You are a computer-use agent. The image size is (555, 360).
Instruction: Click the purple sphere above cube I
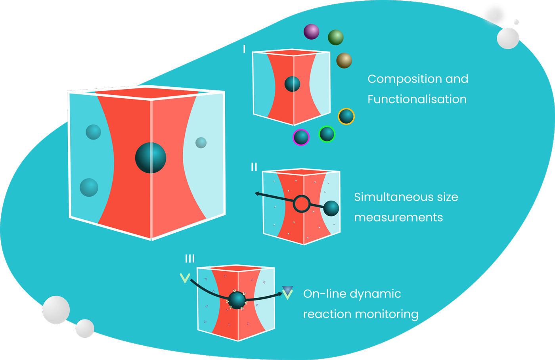[x=311, y=32]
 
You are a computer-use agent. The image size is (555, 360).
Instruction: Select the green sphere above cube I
[x=335, y=37]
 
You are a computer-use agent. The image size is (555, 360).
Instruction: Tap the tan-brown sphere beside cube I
[x=344, y=61]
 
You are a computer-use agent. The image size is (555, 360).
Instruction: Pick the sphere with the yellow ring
[x=346, y=117]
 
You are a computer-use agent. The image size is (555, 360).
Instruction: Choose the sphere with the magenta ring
[x=301, y=137]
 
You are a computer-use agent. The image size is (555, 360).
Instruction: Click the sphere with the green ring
[x=327, y=134]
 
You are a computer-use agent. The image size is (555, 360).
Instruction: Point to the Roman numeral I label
[x=244, y=49]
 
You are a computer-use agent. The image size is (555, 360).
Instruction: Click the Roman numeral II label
[x=254, y=167]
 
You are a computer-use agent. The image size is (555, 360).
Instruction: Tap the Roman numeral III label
[x=190, y=259]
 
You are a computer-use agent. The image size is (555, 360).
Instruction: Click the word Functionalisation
[x=417, y=99]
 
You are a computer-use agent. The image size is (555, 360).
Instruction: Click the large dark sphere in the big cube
[x=151, y=158]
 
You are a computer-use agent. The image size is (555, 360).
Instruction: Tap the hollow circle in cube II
[x=302, y=204]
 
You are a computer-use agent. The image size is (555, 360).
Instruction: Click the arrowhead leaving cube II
[x=257, y=194]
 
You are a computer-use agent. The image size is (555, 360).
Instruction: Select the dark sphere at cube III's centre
[x=237, y=300]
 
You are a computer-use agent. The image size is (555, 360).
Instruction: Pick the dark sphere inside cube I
[x=292, y=84]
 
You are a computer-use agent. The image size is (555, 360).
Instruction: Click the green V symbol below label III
[x=185, y=278]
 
